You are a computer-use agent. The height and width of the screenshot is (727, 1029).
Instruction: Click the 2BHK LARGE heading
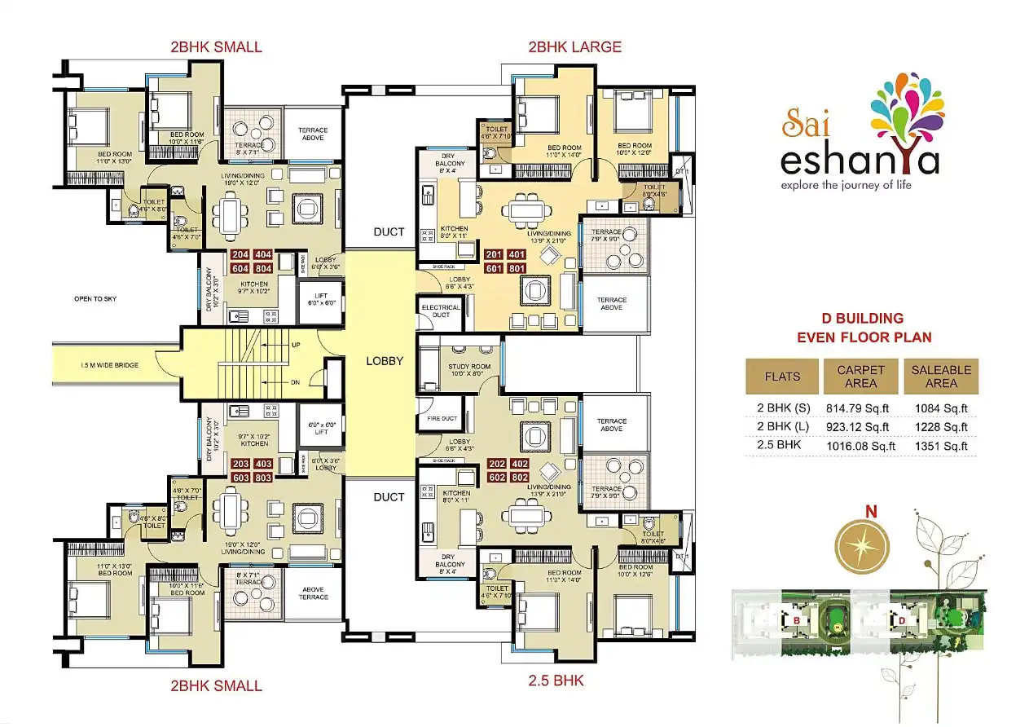click(x=574, y=47)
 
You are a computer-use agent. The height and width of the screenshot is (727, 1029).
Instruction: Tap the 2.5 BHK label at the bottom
click(x=556, y=680)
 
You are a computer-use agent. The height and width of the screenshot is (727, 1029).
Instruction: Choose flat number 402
click(x=520, y=464)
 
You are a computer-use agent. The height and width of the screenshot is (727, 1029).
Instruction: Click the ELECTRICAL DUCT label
click(x=441, y=311)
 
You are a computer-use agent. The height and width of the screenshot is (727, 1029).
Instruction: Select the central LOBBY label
click(x=384, y=360)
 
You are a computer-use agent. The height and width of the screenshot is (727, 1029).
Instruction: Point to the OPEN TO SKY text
click(x=95, y=299)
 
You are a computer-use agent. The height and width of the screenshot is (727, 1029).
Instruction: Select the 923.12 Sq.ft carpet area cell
click(x=860, y=426)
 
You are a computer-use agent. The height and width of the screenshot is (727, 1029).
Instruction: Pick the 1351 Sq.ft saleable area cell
click(x=941, y=446)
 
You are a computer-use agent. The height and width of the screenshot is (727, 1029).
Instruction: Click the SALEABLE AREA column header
click(x=941, y=376)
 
